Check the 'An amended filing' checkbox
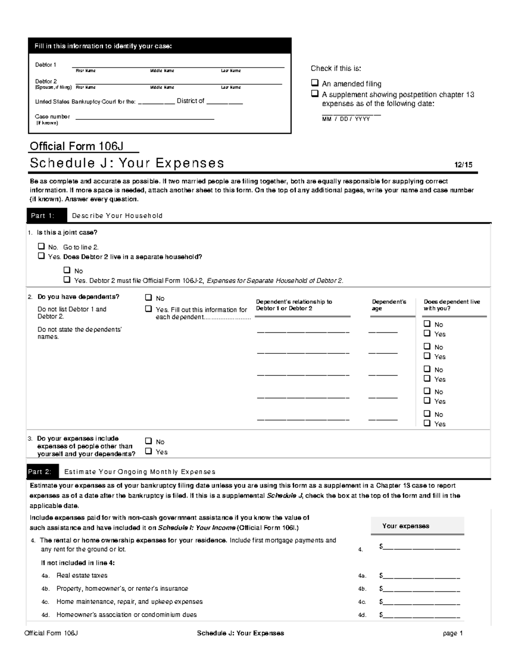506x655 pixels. coord(315,83)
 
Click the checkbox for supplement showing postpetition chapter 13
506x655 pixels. coord(315,93)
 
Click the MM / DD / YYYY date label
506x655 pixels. coord(346,119)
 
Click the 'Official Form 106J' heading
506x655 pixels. coord(76,146)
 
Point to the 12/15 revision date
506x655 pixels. coord(463,165)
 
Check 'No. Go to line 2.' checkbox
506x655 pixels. coord(41,246)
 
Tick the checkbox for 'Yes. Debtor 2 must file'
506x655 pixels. coord(67,280)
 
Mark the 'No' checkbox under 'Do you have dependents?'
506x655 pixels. coord(148,298)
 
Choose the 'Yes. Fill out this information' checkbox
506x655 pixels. coord(148,309)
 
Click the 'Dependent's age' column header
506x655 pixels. coord(389,305)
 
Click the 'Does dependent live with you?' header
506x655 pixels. coord(452,305)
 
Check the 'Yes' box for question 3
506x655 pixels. coord(148,451)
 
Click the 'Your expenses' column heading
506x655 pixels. coord(406,526)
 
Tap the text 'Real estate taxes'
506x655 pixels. coord(82,575)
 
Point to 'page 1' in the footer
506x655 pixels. coord(452,633)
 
